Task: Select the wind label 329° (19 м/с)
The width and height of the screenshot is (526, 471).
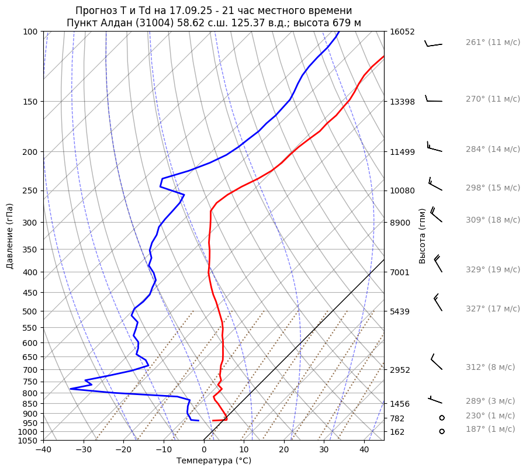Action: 493,269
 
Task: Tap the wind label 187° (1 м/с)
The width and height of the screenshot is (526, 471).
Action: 490,429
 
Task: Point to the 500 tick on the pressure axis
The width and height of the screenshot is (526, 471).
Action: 30,311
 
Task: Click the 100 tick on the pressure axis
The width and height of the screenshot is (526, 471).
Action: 30,32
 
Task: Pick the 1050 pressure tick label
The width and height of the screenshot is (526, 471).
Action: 28,441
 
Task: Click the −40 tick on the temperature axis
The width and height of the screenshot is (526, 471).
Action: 43,450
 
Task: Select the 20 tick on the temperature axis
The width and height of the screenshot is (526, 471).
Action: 284,450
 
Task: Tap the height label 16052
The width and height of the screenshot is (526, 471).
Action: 402,32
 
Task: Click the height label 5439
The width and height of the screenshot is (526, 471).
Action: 400,311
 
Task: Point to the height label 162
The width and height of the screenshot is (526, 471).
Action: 397,432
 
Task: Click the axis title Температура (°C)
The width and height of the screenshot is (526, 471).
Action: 214,461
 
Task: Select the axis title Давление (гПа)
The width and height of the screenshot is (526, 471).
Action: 10,236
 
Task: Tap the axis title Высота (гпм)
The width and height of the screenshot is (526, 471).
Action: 423,235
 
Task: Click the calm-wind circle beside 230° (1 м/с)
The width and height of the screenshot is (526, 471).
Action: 442,418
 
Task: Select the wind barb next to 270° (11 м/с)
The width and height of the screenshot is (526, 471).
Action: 434,99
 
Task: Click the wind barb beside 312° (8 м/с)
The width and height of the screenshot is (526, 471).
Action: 436,362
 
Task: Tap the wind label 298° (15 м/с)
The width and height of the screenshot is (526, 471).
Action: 493,188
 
